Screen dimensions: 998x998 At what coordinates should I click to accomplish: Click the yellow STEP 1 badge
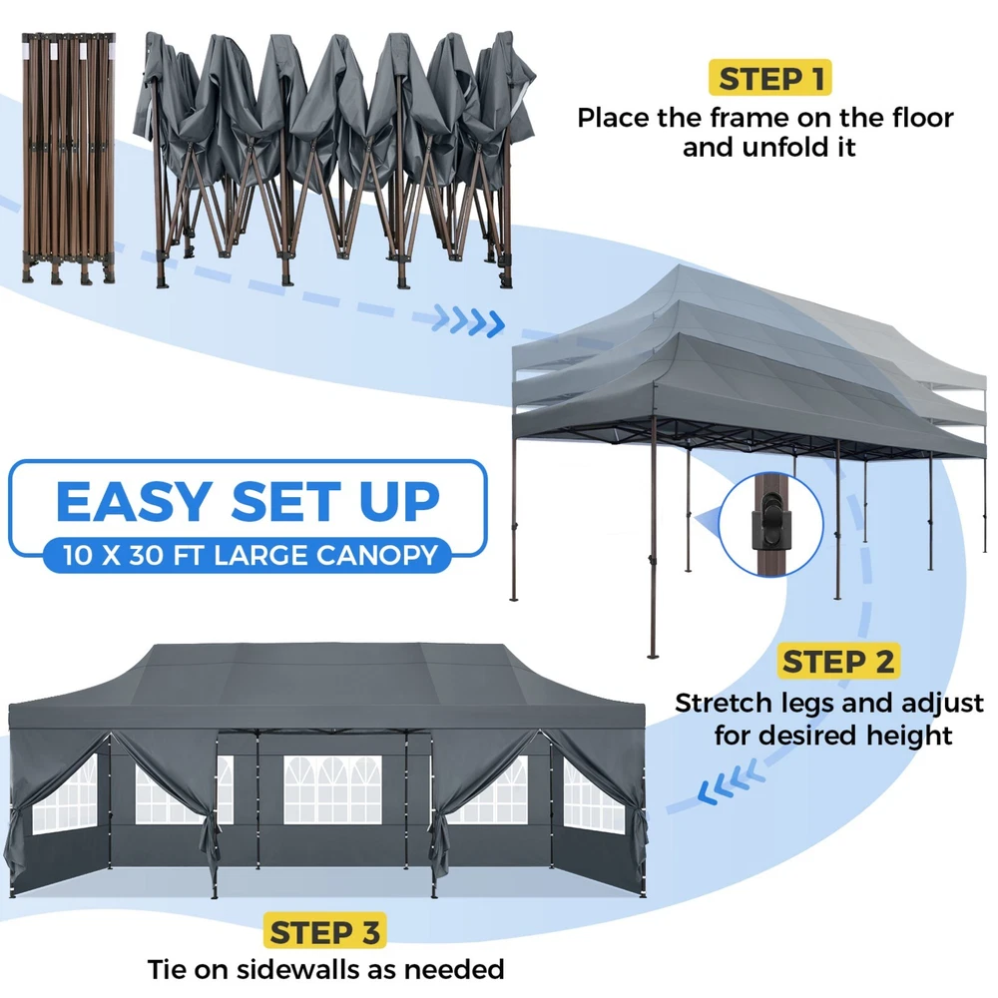(769, 78)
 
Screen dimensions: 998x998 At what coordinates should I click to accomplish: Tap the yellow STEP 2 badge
(838, 661)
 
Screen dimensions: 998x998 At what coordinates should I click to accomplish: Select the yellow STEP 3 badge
(324, 932)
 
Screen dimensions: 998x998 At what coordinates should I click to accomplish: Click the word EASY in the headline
(135, 502)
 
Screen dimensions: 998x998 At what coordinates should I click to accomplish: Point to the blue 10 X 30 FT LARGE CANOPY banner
(249, 555)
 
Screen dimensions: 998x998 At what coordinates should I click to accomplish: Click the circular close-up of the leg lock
(770, 525)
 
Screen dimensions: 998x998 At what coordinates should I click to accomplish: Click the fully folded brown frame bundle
(68, 158)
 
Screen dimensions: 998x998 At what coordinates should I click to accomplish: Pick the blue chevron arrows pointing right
(468, 320)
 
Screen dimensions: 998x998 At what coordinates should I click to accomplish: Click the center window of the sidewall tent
(332, 789)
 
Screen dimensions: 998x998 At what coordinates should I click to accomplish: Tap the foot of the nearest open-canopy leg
(651, 655)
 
